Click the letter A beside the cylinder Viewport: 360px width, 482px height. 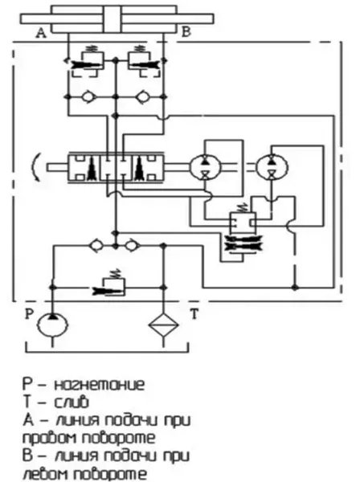(41, 33)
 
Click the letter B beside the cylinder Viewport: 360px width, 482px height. (186, 31)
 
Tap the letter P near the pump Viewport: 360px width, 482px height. (29, 314)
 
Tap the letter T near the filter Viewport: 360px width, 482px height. (194, 314)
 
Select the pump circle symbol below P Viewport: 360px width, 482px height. (52, 325)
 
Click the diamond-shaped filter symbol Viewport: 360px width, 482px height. (164, 325)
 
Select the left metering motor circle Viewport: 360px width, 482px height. (205, 167)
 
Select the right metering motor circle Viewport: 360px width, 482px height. (272, 167)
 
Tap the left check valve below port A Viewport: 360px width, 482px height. (88, 97)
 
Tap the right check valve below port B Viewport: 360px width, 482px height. (142, 97)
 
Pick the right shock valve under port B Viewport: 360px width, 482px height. (144, 61)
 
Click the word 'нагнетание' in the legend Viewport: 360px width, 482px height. (100, 385)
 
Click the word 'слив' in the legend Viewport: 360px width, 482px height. (72, 402)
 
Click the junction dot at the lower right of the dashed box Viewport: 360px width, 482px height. (295, 288)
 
